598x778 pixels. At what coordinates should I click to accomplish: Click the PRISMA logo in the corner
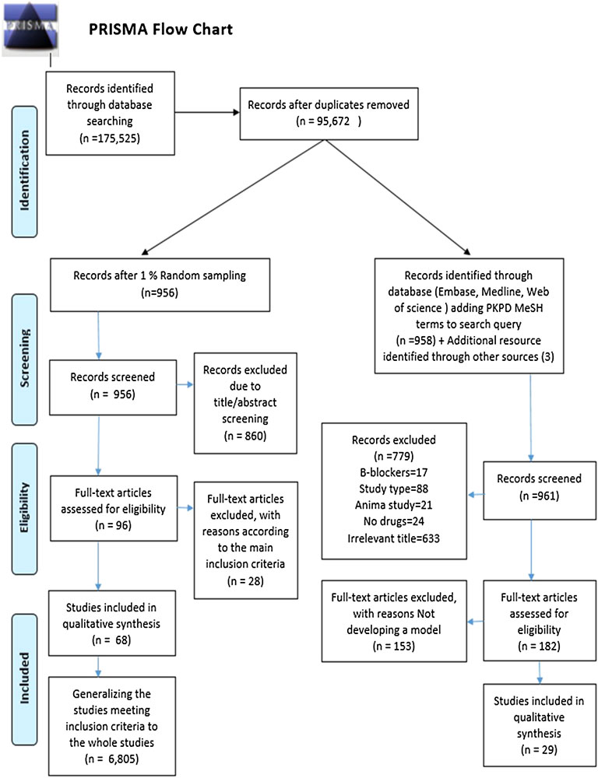pyautogui.click(x=30, y=28)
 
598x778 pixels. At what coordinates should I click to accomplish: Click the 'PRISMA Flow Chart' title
pyautogui.click(x=160, y=30)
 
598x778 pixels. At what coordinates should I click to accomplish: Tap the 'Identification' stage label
pyautogui.click(x=25, y=171)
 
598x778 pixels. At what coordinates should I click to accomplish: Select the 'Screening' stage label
pyautogui.click(x=25, y=359)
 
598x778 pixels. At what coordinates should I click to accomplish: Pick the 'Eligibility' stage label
pyautogui.click(x=25, y=508)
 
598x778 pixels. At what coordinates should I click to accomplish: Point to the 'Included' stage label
pyautogui.click(x=25, y=678)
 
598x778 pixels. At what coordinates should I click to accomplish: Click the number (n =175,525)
pyautogui.click(x=110, y=138)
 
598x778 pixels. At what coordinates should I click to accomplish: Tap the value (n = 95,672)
pyautogui.click(x=329, y=121)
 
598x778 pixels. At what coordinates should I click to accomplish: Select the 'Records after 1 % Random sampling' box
pyautogui.click(x=160, y=285)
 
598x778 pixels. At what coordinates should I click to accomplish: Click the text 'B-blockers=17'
pyautogui.click(x=394, y=472)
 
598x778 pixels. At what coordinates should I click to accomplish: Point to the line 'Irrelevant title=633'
pyautogui.click(x=394, y=538)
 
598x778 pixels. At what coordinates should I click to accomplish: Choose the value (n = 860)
pyautogui.click(x=245, y=435)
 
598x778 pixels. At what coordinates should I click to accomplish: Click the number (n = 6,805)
pyautogui.click(x=112, y=759)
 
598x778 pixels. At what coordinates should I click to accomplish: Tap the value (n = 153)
pyautogui.click(x=394, y=646)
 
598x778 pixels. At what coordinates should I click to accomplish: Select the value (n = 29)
pyautogui.click(x=540, y=749)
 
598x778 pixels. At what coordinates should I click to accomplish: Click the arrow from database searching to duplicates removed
pyautogui.click(x=207, y=112)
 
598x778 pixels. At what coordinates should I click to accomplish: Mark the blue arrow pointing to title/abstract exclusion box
pyautogui.click(x=185, y=384)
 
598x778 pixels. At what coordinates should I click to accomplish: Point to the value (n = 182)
pyautogui.click(x=540, y=646)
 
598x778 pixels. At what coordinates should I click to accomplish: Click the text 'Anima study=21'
pyautogui.click(x=394, y=505)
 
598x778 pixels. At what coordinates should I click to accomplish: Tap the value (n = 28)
pyautogui.click(x=245, y=580)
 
